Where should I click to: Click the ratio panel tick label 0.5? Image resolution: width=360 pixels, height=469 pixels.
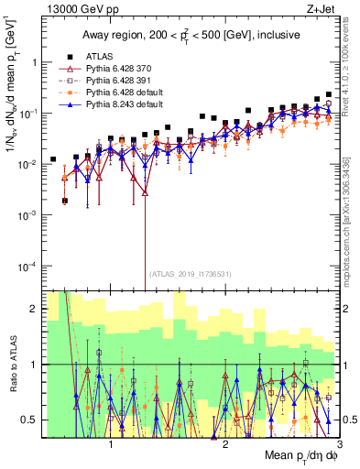(27, 420)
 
